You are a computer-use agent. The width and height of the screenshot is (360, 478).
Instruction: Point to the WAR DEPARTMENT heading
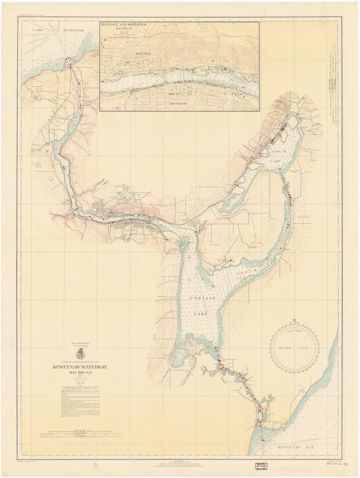tap(80, 343)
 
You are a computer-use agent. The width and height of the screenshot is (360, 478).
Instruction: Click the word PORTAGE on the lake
tap(203, 298)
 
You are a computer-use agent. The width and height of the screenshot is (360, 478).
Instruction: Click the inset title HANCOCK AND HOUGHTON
tap(124, 25)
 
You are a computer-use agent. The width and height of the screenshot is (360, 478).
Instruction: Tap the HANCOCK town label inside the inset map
tap(145, 53)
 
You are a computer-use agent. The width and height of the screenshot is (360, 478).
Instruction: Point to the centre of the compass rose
tap(294, 348)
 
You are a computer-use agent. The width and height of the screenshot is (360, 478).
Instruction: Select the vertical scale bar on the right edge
tap(332, 84)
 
